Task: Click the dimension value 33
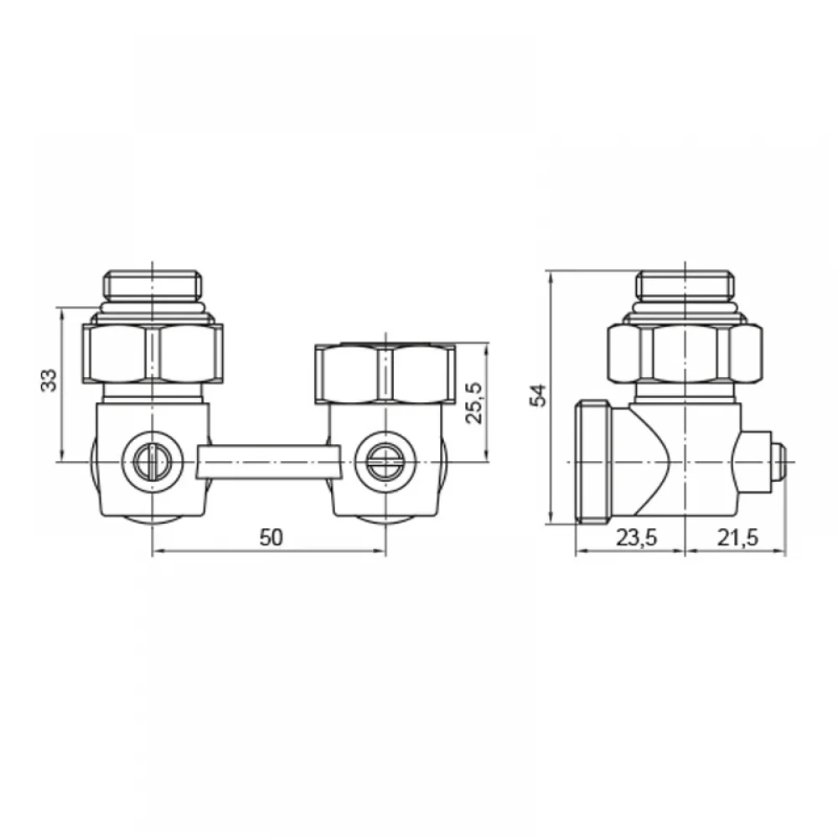49,380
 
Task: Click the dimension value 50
271,538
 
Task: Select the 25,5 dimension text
474,403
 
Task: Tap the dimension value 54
539,396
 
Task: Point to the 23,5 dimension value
637,538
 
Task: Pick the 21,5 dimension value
737,538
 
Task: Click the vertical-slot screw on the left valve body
153,461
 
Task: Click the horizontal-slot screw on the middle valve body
385,461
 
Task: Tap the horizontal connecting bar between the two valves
269,462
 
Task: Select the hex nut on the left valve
153,354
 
